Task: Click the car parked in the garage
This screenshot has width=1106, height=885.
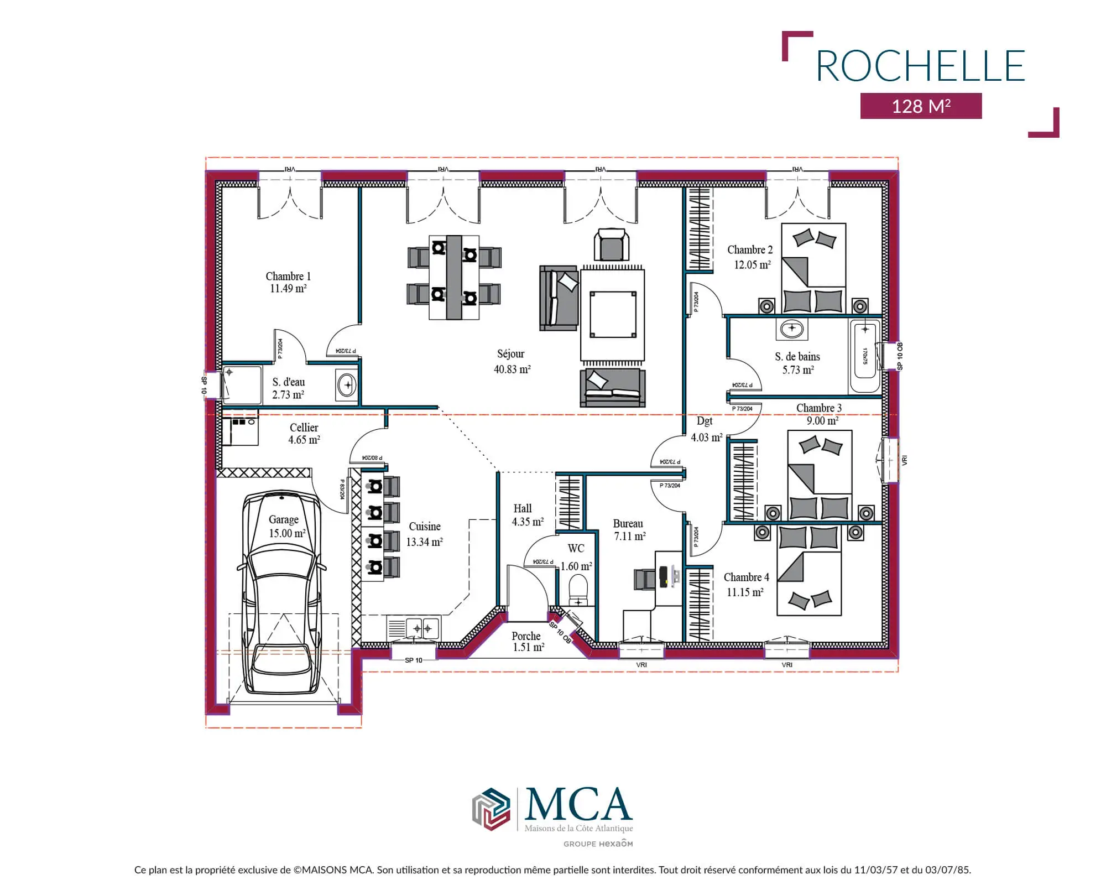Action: [x=282, y=592]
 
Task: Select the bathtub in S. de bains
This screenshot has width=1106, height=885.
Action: [x=865, y=356]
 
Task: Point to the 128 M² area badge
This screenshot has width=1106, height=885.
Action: [x=921, y=106]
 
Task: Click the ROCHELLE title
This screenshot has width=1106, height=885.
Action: [x=921, y=66]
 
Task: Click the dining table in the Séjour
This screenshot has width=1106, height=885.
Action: [x=454, y=277]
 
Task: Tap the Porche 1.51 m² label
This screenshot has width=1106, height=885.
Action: [x=526, y=642]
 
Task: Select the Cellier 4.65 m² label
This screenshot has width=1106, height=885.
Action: [x=304, y=434]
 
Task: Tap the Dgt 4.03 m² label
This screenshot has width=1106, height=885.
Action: [x=706, y=429]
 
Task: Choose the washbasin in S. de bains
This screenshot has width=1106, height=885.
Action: [x=792, y=329]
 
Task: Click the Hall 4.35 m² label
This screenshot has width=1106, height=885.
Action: [x=528, y=515]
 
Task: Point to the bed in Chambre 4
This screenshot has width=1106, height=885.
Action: [x=809, y=570]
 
